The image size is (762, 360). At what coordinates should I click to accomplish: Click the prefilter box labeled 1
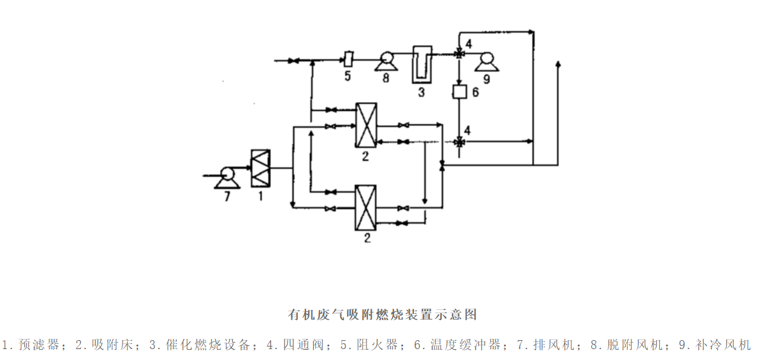point(261,168)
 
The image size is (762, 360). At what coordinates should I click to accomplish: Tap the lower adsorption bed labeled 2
point(366,207)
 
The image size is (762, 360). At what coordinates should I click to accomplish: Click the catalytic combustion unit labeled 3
point(421,64)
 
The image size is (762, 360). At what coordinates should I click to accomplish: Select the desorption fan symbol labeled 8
point(386,61)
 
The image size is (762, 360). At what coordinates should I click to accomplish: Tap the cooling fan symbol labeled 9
point(486,60)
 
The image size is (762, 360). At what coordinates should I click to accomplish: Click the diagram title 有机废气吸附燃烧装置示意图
point(382,315)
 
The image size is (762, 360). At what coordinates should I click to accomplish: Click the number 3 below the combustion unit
point(421,92)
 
